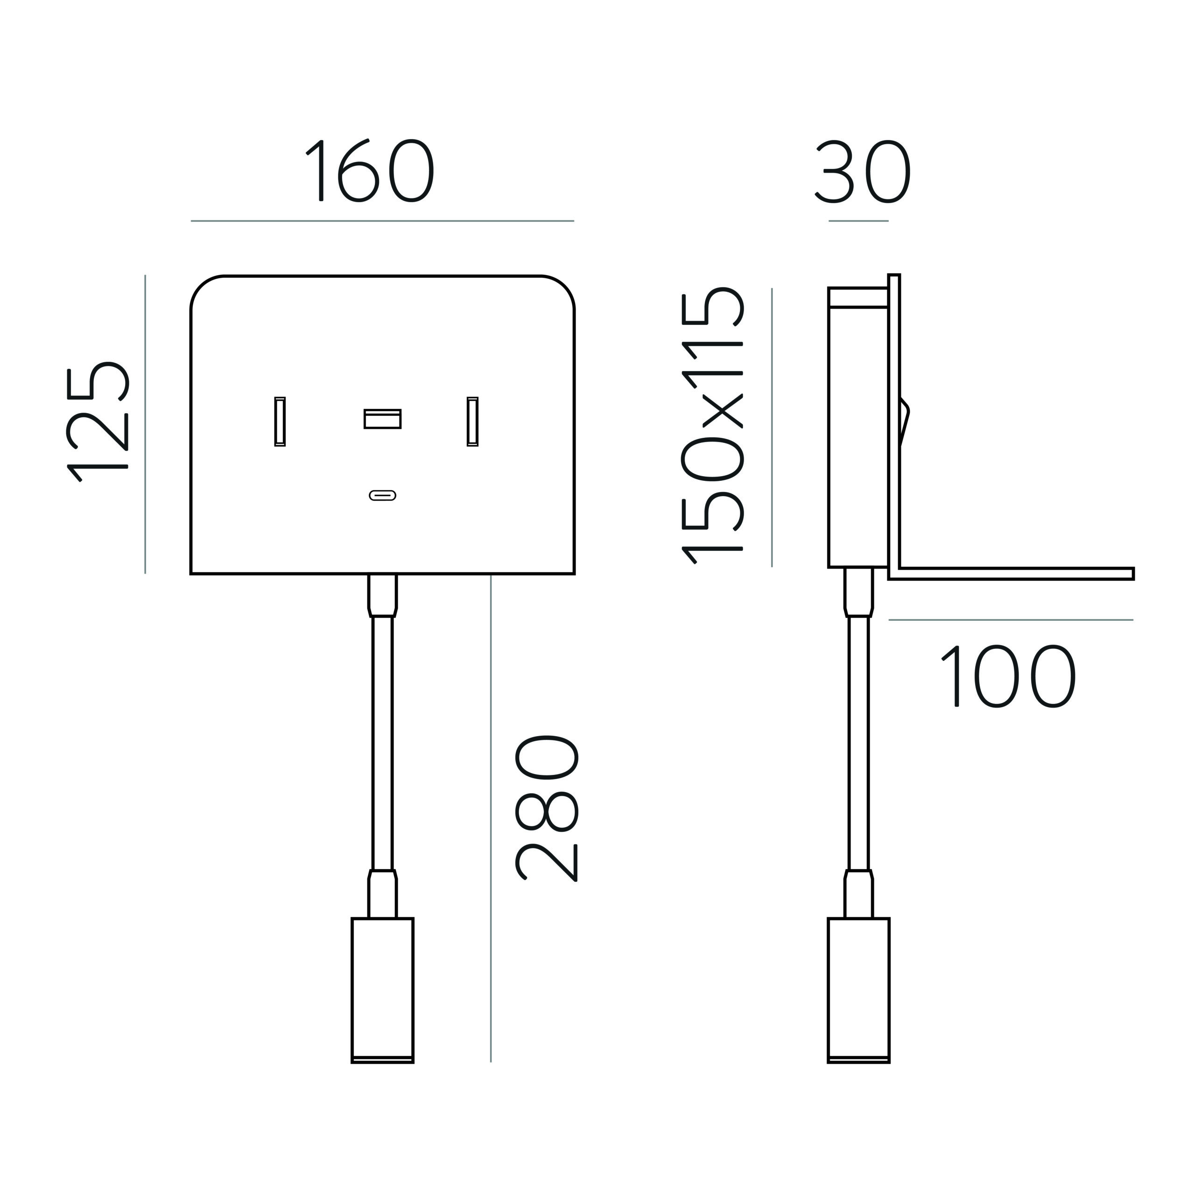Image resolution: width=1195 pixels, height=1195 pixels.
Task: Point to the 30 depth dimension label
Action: click(x=863, y=171)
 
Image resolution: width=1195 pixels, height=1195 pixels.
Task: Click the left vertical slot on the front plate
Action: click(x=280, y=421)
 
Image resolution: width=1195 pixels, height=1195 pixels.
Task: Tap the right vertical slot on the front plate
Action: click(x=472, y=421)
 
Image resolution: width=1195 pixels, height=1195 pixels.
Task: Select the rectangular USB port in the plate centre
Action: click(x=382, y=419)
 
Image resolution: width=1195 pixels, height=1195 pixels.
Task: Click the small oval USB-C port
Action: click(x=382, y=495)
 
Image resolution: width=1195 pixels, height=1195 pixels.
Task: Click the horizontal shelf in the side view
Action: click(x=1011, y=573)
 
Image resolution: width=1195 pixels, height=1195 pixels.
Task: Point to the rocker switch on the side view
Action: click(x=905, y=423)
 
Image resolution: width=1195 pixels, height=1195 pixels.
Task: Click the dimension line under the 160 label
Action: click(x=382, y=221)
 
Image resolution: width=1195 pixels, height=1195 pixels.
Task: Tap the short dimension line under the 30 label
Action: click(x=858, y=221)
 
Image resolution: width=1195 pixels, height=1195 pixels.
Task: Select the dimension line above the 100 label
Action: click(x=1011, y=620)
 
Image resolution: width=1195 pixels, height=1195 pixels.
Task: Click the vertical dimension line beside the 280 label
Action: click(x=491, y=819)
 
